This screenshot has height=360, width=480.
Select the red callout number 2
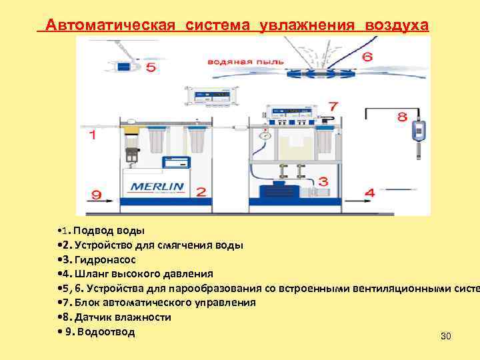(201, 191)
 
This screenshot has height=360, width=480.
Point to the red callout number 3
(323, 181)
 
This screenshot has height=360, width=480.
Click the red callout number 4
(369, 192)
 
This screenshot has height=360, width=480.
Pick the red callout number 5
(151, 67)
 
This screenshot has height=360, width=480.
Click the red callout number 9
(97, 195)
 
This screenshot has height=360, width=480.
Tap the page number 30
(446, 336)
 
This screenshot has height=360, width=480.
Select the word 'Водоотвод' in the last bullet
(105, 331)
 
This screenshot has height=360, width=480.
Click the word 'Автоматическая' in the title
(116, 25)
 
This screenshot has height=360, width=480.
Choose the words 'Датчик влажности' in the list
(124, 317)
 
